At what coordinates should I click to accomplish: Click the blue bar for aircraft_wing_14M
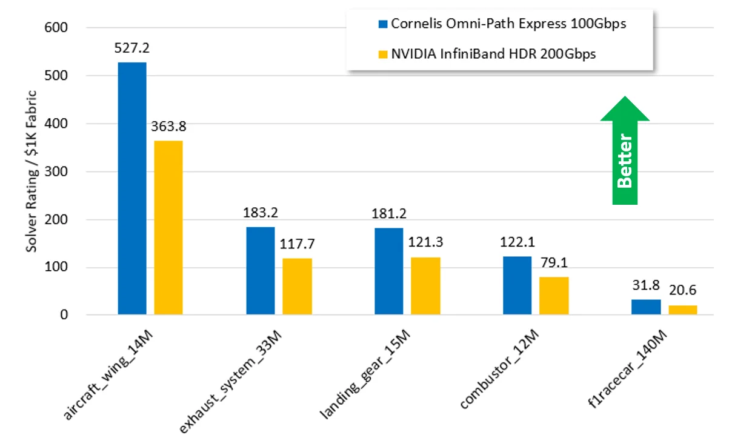point(131,188)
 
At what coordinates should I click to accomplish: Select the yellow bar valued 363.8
point(168,228)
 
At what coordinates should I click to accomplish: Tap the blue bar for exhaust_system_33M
point(260,271)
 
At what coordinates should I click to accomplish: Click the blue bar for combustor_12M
point(517,285)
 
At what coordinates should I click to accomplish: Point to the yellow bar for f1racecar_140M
point(683,310)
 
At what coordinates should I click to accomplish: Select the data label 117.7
point(298,244)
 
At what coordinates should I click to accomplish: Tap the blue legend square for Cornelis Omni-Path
point(382,24)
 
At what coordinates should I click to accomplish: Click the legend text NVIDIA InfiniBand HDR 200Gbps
point(493,54)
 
